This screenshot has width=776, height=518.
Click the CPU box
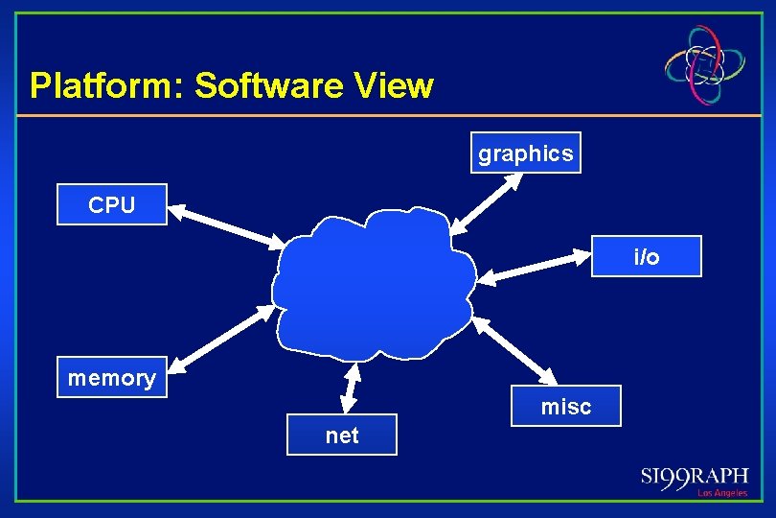112,204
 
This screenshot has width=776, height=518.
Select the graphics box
525,153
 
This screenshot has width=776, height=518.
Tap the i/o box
647,256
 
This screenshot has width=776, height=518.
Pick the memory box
112,377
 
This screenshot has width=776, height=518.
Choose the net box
342,435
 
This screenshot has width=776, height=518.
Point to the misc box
566,406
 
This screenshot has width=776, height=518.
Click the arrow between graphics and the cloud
490,202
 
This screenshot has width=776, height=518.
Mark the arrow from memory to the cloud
222,337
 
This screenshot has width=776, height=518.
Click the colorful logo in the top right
706,63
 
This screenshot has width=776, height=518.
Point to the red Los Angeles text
722,493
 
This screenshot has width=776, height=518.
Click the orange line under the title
383,116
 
